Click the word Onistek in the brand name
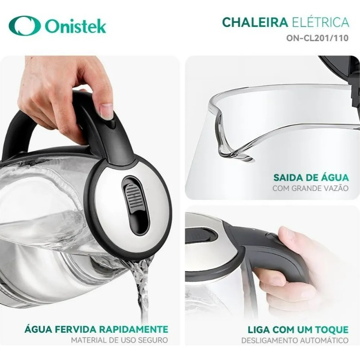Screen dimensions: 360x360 pos(76,26)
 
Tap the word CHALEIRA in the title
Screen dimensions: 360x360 pos(255,22)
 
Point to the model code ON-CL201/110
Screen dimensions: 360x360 pos(318,38)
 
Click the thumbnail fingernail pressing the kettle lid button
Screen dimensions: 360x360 pos(106,110)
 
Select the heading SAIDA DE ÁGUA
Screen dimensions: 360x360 pos(311,178)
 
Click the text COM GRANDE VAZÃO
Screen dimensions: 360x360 pos(311,188)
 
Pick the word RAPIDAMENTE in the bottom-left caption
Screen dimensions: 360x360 pos(134,329)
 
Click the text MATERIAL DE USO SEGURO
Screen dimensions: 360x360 pos(119,340)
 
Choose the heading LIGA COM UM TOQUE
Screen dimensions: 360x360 pos(298,330)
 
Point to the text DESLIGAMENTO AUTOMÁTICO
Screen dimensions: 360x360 pos(295,340)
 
